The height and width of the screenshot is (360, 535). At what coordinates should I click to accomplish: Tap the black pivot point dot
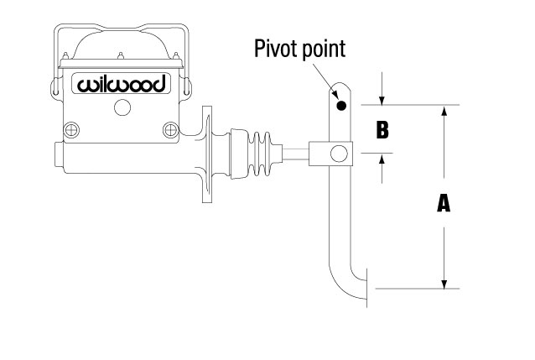(x=340, y=106)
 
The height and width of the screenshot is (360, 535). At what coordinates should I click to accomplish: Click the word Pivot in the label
(x=274, y=49)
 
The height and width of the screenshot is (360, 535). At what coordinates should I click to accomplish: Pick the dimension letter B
(x=382, y=130)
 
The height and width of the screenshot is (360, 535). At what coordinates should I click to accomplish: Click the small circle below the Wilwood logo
(x=122, y=108)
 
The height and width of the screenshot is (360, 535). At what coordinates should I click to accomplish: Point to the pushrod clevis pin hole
(x=340, y=154)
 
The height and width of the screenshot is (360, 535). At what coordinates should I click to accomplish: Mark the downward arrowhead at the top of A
(x=444, y=112)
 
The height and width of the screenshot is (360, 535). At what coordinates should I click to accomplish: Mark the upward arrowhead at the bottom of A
(x=444, y=281)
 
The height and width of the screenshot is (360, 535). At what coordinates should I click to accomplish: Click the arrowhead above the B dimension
(x=382, y=100)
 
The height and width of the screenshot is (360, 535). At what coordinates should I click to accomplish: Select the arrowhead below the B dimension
(x=382, y=159)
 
